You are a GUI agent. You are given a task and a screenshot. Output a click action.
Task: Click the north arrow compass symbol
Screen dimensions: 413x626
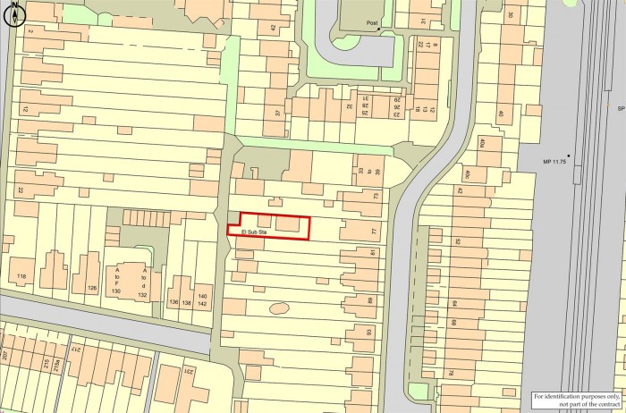pyautogui.click(x=15, y=16)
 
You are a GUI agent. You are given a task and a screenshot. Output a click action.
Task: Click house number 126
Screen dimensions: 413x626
pyautogui.click(x=91, y=287)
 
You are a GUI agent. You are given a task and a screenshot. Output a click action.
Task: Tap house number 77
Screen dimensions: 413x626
pyautogui.click(x=375, y=232)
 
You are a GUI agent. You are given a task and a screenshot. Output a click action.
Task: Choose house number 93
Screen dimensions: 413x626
pyautogui.click(x=370, y=333)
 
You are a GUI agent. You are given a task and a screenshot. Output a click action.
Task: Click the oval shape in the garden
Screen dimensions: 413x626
pyautogui.click(x=280, y=309)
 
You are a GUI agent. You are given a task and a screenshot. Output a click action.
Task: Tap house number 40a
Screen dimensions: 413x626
pyautogui.click(x=480, y=143)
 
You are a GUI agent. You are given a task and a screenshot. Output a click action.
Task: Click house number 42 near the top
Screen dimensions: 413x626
pyautogui.click(x=274, y=28)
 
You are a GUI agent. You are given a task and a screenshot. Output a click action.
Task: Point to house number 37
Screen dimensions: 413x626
pyautogui.click(x=279, y=113)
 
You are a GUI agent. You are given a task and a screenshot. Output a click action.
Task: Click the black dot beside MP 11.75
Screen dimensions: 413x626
pyautogui.click(x=569, y=156)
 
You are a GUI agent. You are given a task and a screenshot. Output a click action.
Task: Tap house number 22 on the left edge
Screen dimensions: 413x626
pyautogui.click(x=20, y=191)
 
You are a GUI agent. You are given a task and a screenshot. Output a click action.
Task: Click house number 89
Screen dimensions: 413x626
pyautogui.click(x=370, y=301)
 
